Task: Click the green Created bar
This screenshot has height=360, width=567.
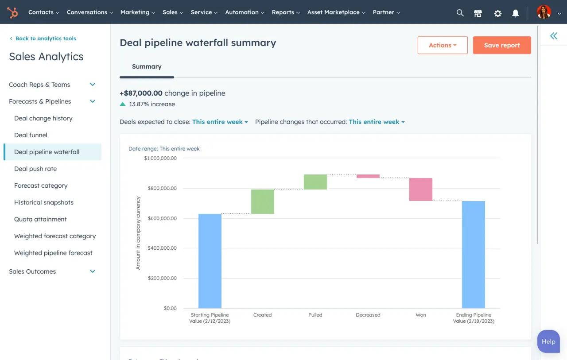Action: [263, 201]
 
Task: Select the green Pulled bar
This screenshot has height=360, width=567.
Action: [315, 182]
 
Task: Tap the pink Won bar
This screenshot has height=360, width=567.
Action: [421, 190]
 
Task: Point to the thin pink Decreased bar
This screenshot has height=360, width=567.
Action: [368, 176]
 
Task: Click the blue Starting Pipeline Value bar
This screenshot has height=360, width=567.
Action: [210, 261]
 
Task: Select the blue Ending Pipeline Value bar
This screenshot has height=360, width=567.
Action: [474, 255]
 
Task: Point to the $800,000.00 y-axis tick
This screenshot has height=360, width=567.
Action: [160, 188]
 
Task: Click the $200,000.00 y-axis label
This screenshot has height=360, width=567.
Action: [160, 278]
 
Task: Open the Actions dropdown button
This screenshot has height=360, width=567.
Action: [443, 45]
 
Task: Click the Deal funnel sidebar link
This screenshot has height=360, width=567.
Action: [31, 135]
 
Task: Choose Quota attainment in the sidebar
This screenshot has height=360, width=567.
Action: [40, 219]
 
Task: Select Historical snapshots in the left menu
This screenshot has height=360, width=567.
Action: [44, 202]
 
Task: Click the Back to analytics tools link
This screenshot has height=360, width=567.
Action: [46, 39]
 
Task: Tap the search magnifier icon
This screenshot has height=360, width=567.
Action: [460, 13]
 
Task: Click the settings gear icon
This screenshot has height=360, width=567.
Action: [498, 13]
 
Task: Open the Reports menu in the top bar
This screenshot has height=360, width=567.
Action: [286, 12]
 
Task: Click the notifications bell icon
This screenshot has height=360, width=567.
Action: [516, 13]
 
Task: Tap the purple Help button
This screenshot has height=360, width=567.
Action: [548, 341]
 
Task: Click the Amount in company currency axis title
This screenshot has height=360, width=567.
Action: [138, 233]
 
